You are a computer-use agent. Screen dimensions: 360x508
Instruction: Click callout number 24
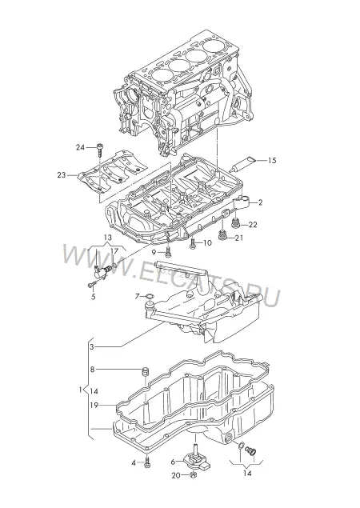tap(80, 147)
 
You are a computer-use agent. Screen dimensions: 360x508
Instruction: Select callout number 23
tap(62, 175)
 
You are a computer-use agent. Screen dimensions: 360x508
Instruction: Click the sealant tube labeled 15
tap(242, 164)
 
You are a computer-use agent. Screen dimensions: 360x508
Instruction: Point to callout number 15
tap(272, 160)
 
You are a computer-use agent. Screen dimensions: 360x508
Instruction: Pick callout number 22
tap(253, 225)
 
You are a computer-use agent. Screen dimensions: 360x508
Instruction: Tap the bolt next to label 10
tap(193, 244)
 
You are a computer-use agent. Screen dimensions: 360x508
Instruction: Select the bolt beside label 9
tap(168, 251)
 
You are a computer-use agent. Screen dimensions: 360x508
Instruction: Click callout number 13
tap(108, 238)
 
